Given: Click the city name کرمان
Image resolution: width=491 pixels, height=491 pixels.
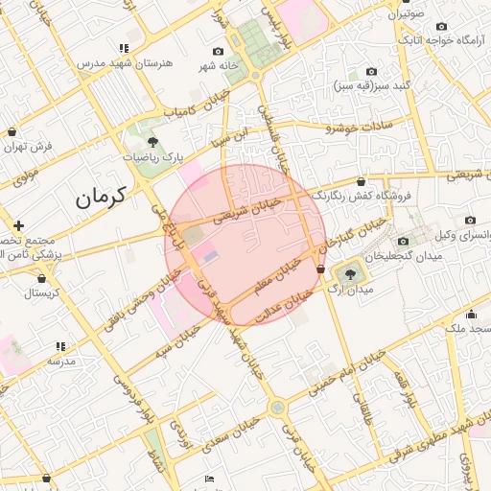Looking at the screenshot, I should [103, 199].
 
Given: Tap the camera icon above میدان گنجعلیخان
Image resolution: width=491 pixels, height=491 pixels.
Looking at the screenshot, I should [403, 241].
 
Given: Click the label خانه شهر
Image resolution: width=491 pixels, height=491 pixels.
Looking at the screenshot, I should [217, 66].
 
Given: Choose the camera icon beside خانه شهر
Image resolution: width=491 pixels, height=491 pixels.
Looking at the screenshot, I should [217, 51].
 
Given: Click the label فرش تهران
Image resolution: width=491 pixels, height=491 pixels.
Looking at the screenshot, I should [28, 147].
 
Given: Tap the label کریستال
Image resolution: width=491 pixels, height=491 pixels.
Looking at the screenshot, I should [42, 292].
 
